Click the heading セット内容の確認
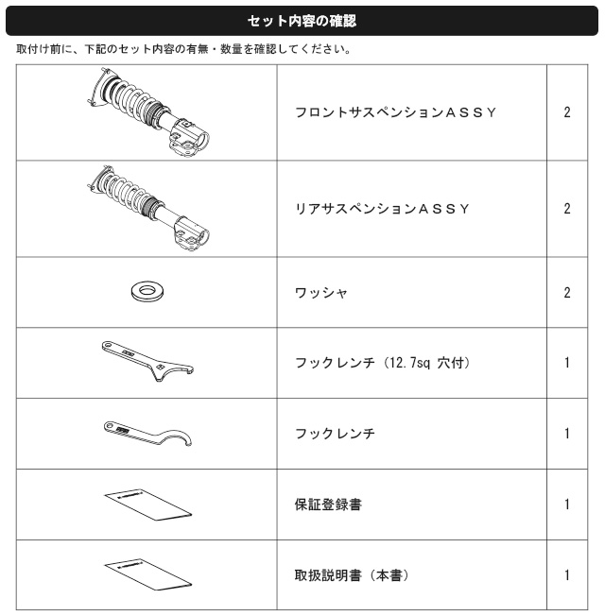(x=302, y=21)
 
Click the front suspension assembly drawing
(x=148, y=112)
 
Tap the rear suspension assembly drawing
(x=147, y=208)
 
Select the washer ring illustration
(x=147, y=292)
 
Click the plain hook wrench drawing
(x=147, y=434)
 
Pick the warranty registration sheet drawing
(x=147, y=505)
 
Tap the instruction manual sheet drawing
(x=147, y=574)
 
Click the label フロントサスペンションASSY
(x=395, y=112)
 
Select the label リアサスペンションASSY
(x=382, y=209)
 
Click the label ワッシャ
(x=321, y=293)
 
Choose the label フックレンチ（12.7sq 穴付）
(x=383, y=362)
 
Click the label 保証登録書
(x=328, y=505)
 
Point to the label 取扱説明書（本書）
(x=352, y=575)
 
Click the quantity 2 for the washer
(x=567, y=293)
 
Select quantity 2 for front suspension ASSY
(x=567, y=112)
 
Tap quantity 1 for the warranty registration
(x=567, y=505)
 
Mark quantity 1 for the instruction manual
(x=567, y=575)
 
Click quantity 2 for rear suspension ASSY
(x=567, y=209)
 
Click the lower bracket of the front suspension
(x=189, y=138)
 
